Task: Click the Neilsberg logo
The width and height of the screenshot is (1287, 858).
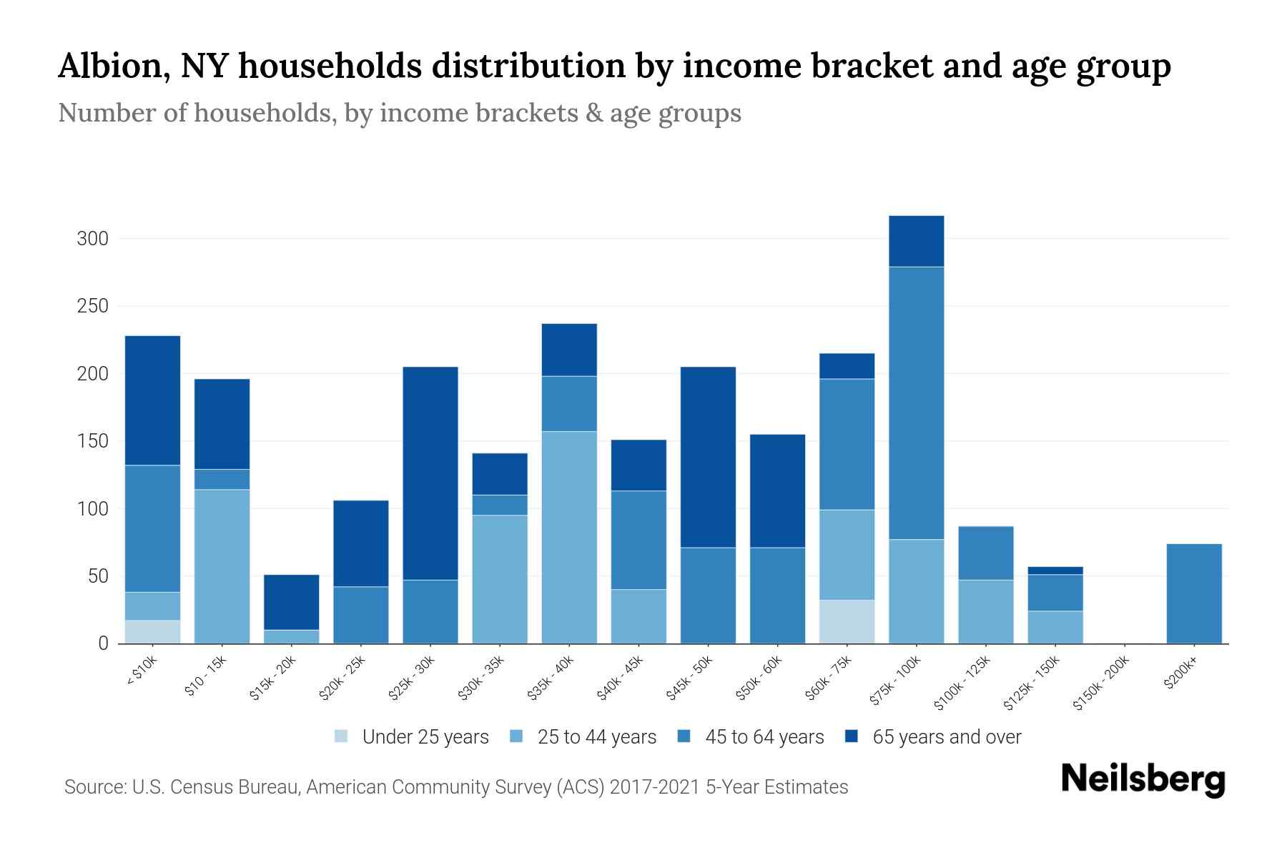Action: click(1143, 779)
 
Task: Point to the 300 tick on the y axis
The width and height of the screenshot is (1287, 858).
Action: click(93, 239)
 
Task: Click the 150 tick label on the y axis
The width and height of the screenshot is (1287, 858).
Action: click(93, 441)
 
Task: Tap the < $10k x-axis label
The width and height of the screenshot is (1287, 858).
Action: click(142, 672)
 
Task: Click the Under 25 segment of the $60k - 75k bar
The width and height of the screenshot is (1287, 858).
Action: click(847, 621)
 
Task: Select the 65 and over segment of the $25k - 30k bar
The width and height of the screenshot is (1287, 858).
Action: click(430, 472)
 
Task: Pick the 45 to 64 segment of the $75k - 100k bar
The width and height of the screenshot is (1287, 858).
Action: click(916, 403)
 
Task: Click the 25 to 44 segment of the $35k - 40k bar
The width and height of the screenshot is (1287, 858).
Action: click(569, 536)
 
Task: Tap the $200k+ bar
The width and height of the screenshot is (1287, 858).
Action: click(1194, 593)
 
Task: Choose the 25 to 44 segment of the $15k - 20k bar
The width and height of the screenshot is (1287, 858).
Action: click(292, 636)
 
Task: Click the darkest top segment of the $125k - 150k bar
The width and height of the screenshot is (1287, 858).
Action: click(1055, 571)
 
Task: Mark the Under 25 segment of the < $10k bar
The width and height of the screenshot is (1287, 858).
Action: click(152, 631)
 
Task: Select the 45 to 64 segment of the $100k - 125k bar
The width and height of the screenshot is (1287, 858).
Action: click(986, 553)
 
